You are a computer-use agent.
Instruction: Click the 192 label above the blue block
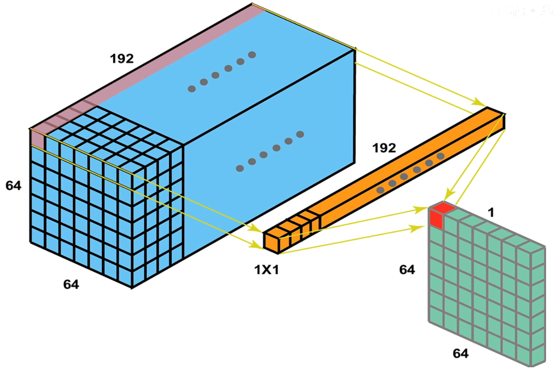[x=122, y=59]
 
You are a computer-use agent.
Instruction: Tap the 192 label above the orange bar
[x=384, y=148]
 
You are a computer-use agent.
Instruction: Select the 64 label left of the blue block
[x=13, y=185]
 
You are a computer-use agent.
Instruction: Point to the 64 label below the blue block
[x=71, y=284]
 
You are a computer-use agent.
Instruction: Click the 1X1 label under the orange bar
[x=266, y=270]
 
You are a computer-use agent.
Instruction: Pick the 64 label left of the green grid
[x=407, y=270]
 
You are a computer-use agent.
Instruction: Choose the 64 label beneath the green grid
[x=461, y=353]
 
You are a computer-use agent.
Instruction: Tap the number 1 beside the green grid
[x=491, y=213]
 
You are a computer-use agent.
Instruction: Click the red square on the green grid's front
[x=436, y=219]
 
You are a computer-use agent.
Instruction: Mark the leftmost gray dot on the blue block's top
[x=192, y=89]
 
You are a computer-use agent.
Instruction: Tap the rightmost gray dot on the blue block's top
[x=252, y=55]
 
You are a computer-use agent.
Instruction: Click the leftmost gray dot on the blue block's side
[x=240, y=168]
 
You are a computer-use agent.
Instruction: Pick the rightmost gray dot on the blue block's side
[x=300, y=134]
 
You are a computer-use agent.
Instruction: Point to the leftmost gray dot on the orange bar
[x=380, y=190]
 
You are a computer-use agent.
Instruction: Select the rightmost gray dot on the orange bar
[x=440, y=156]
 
